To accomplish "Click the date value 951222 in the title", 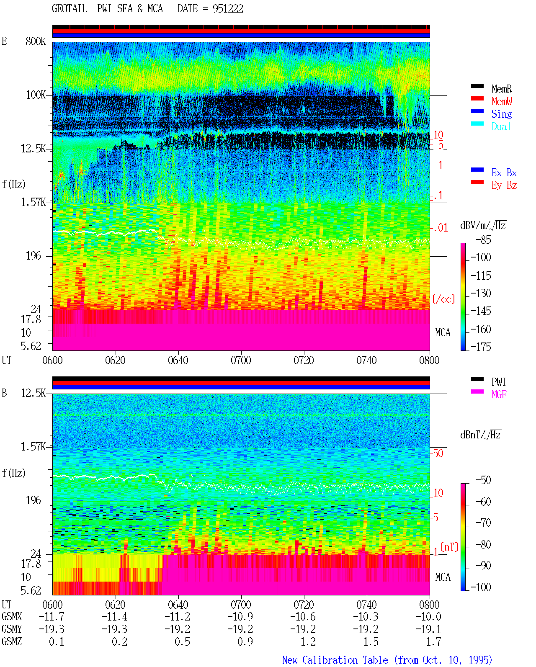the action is click(x=228, y=9).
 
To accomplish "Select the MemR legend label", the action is click(x=502, y=89).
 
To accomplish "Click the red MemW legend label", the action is click(x=502, y=101).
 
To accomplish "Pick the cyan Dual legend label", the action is click(x=501, y=126).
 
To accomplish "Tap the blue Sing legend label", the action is click(x=502, y=114).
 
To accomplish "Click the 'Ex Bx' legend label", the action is click(x=504, y=173).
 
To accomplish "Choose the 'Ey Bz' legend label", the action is click(x=504, y=185).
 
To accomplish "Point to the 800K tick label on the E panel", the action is click(x=36, y=41).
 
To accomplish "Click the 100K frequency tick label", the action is click(x=36, y=95).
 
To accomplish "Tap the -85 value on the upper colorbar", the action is click(x=483, y=240).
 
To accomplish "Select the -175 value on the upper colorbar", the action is click(x=481, y=347).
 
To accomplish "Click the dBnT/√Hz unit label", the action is click(x=480, y=435).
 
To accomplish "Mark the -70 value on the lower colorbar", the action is click(x=483, y=523).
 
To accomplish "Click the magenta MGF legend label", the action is click(x=499, y=394).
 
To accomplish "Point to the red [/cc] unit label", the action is click(x=443, y=299).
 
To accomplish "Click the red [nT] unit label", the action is click(x=449, y=547).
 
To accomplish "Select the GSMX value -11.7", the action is click(x=52, y=616).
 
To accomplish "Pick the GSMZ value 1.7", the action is click(x=433, y=641).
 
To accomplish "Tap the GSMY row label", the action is click(x=12, y=629).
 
